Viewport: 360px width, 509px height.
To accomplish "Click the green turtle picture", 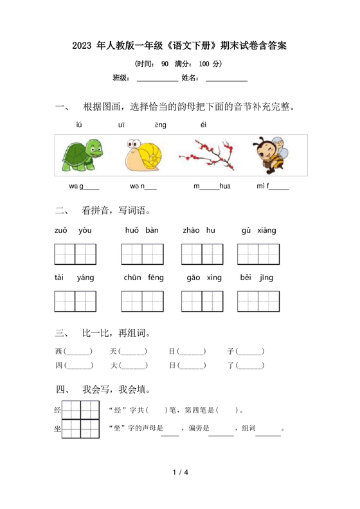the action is (x=82, y=156).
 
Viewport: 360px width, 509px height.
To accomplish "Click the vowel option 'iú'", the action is (x=79, y=125).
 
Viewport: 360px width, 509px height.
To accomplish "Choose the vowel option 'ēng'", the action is (x=160, y=125).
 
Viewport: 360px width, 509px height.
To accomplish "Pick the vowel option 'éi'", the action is (x=203, y=125).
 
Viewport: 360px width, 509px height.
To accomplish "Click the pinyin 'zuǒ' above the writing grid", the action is (x=61, y=231).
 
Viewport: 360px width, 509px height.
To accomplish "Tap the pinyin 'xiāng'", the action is (x=267, y=231).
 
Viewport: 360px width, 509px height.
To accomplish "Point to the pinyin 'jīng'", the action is (x=266, y=278).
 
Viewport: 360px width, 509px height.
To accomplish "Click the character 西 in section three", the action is (x=59, y=352).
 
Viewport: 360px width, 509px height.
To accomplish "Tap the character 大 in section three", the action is (x=113, y=366).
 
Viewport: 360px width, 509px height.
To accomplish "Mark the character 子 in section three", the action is (x=231, y=352).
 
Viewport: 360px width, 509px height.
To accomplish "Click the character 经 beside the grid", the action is (x=58, y=410).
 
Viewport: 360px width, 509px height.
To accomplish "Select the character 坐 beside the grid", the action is (x=58, y=429).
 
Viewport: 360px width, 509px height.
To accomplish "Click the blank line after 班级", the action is (x=157, y=80).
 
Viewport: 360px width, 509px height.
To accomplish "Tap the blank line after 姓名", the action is (x=226, y=80).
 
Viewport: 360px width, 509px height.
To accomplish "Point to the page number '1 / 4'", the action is (x=180, y=474).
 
